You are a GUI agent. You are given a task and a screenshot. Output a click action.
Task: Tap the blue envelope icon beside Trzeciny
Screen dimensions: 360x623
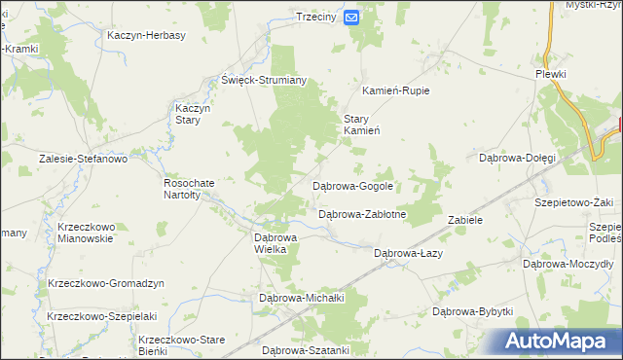coord(351,17)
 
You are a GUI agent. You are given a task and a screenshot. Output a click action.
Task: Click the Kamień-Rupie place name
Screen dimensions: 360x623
coord(396,90)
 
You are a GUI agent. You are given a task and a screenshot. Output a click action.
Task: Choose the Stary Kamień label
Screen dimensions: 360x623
coord(361,125)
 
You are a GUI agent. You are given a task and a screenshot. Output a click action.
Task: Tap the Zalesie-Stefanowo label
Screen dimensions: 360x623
coord(83,158)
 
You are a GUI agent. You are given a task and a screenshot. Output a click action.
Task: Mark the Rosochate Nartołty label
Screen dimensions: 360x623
coord(183,188)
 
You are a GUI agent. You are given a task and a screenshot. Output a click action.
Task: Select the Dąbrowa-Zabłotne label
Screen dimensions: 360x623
coord(362,214)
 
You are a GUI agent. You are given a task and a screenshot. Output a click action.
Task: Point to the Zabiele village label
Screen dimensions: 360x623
coord(465,220)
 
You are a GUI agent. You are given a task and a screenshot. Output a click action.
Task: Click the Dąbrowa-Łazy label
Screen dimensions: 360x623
coord(409,253)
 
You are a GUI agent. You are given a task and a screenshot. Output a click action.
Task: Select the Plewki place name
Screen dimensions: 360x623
coord(550,74)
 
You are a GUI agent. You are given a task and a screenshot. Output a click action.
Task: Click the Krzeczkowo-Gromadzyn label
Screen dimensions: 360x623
coord(106,283)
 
